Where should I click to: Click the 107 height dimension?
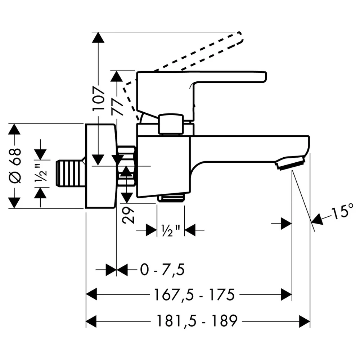(x=98, y=98)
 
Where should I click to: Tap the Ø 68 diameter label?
(x=15, y=166)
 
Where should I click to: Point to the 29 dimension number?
(x=128, y=215)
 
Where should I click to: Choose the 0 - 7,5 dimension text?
(x=162, y=270)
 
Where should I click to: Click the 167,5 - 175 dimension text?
(x=194, y=295)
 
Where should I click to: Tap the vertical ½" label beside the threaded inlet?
(x=41, y=173)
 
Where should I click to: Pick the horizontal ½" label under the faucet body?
(x=170, y=230)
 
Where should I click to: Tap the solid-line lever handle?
(x=201, y=96)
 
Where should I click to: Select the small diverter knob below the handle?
(x=171, y=124)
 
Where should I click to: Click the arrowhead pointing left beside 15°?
(x=316, y=220)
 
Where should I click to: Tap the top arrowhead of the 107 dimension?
(x=98, y=37)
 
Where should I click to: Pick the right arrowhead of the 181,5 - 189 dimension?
(x=305, y=321)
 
